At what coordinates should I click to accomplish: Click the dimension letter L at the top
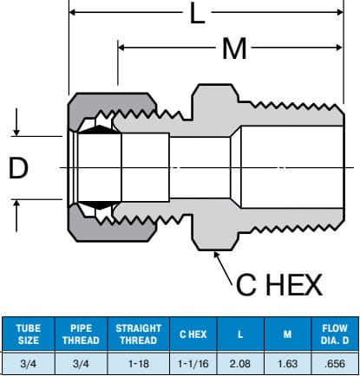tap(198, 13)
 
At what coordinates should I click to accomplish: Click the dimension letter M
tap(234, 49)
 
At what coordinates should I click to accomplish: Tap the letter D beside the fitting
tap(18, 168)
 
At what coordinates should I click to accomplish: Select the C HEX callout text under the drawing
tap(279, 285)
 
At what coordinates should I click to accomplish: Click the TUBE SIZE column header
tap(29, 334)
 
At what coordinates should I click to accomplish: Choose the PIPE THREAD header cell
tap(81, 334)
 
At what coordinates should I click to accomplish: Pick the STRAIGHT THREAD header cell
tap(139, 334)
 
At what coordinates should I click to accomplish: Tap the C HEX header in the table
tap(193, 334)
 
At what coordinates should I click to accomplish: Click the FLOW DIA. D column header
tap(335, 334)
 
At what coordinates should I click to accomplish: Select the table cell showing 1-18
tap(139, 364)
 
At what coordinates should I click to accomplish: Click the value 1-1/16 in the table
tap(193, 364)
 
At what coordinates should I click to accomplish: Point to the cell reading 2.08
tap(240, 364)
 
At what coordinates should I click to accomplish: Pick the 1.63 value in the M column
tap(287, 364)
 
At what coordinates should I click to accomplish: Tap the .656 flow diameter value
tap(335, 364)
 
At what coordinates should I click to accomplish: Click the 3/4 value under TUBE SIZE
tap(29, 364)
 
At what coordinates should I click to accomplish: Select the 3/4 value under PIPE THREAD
tap(81, 364)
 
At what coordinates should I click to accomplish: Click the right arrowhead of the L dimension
tap(340, 12)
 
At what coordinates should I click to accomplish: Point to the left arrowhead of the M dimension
tap(121, 48)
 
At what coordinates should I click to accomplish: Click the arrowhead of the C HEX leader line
tap(216, 255)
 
